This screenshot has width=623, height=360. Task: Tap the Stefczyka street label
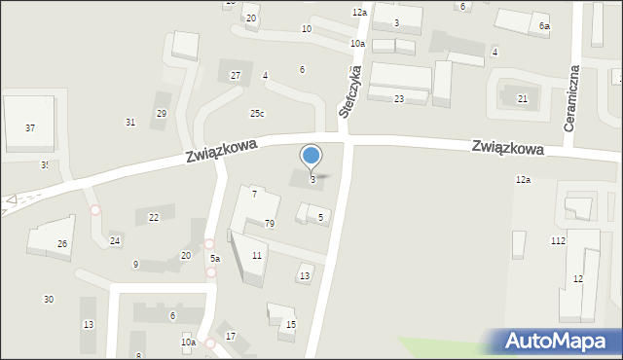pyautogui.click(x=350, y=92)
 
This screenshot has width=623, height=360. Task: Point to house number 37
pyautogui.click(x=30, y=128)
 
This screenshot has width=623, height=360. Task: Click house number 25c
pyautogui.click(x=256, y=114)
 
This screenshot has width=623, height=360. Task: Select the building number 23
pyautogui.click(x=399, y=99)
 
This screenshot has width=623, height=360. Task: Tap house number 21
pyautogui.click(x=523, y=99)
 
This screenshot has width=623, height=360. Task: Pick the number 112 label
pyautogui.click(x=558, y=240)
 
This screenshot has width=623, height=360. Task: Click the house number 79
pyautogui.click(x=270, y=224)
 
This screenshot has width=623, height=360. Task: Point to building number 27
pyautogui.click(x=236, y=76)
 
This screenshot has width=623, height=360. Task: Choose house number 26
pyautogui.click(x=62, y=244)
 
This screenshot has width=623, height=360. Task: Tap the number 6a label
pyautogui.click(x=544, y=27)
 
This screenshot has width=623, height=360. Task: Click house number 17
pyautogui.click(x=231, y=337)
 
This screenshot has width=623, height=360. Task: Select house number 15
pyautogui.click(x=291, y=324)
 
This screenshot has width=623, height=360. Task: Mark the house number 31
pyautogui.click(x=130, y=122)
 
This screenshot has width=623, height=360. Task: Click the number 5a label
pyautogui.click(x=215, y=259)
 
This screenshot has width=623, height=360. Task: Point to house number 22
pyautogui.click(x=154, y=218)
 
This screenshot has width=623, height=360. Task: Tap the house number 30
pyautogui.click(x=49, y=300)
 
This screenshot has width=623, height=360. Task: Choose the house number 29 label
pyautogui.click(x=162, y=114)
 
